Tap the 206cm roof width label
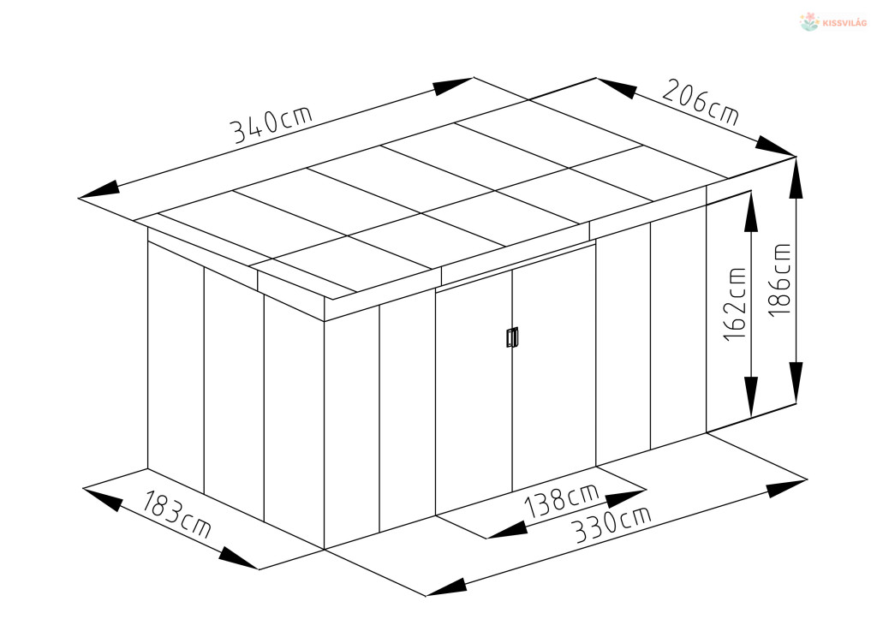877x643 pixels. coord(701,103)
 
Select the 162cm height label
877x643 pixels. coord(735,304)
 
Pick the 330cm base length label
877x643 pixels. coord(613,525)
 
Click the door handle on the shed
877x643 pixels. coord(512,337)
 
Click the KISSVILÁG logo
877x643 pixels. coord(833,22)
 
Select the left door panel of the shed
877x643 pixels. coord(474,391)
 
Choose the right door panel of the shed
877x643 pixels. coord(554,366)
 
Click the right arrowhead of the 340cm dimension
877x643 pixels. coord(454,86)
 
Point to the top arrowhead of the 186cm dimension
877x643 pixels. coord(796,178)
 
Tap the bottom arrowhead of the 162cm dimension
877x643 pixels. coord(751,397)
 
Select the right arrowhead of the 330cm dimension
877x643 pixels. coord(787,488)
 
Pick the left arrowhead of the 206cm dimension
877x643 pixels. coord(617,88)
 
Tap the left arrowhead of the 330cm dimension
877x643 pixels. coord(446,586)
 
